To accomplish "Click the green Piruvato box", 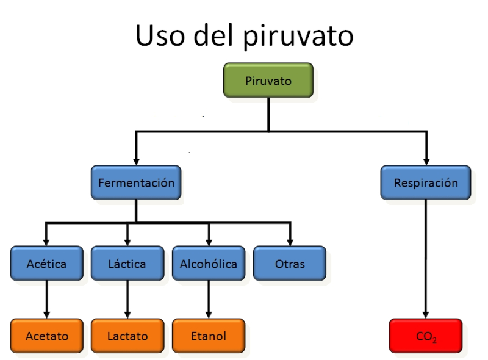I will (268, 80).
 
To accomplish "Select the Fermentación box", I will (136, 182).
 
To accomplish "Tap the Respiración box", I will (426, 182).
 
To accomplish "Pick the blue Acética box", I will (46, 264).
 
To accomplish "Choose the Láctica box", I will (127, 264).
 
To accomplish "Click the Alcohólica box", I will (209, 264).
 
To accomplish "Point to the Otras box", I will (290, 264).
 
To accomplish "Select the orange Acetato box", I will (46, 336).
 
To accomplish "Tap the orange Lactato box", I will (127, 336).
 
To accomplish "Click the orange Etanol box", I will (209, 336).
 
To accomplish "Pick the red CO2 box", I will (426, 336).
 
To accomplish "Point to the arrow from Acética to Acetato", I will (46, 299).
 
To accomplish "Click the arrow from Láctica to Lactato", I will (127, 299).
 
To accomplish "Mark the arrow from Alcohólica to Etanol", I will (209, 299).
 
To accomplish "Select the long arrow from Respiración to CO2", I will (426, 256).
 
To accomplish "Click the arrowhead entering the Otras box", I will (290, 241).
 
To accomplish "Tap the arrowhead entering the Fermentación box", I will (136, 160).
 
